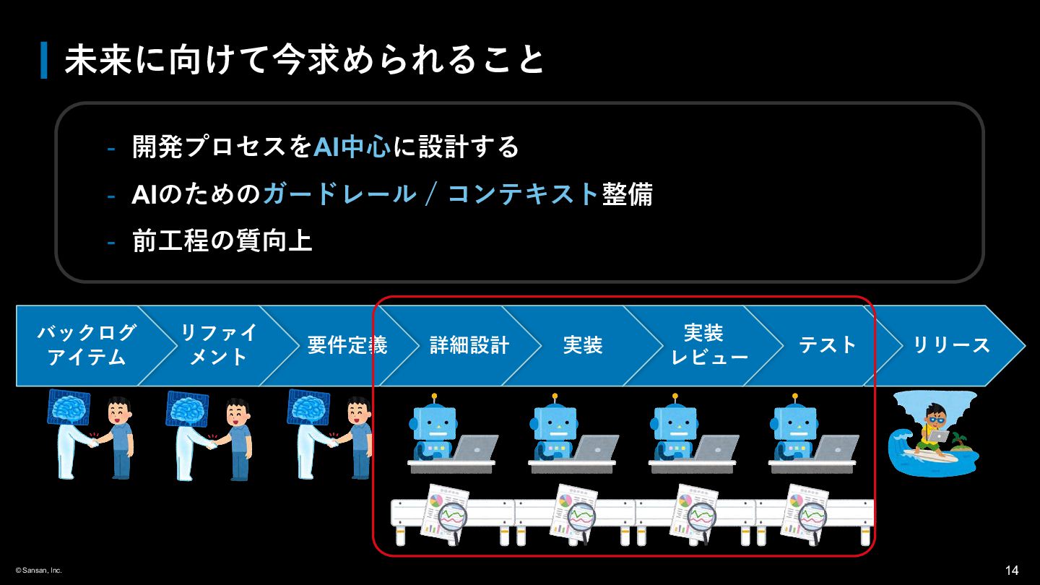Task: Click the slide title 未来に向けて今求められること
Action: (303, 61)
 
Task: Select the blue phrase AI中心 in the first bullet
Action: (352, 147)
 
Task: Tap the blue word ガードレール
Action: (339, 194)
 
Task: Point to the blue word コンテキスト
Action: (524, 194)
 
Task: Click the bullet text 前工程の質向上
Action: (222, 241)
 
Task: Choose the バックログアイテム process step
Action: (87, 345)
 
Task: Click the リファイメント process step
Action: (218, 345)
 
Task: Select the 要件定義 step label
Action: (347, 345)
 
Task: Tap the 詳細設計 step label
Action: (469, 345)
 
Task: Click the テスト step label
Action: (828, 345)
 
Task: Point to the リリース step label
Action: (952, 345)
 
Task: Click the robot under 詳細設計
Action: (435, 430)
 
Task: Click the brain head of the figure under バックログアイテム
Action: (69, 407)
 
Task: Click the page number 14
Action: (1012, 571)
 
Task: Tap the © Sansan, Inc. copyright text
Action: (39, 571)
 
